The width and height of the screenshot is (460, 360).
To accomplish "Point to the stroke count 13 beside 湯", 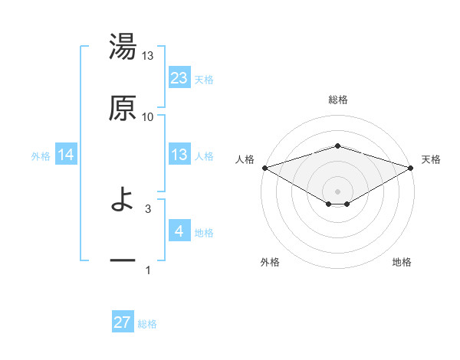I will click(x=148, y=56).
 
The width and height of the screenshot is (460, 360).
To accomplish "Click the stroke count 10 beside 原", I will click(x=148, y=116).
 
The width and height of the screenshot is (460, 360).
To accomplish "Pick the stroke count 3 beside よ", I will click(x=148, y=208).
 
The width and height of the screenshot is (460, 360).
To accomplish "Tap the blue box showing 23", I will click(x=179, y=78).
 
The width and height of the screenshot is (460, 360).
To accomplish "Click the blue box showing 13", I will click(x=179, y=155).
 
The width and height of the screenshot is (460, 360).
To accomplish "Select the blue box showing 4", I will click(x=179, y=231).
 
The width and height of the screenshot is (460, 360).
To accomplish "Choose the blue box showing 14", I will click(x=66, y=155).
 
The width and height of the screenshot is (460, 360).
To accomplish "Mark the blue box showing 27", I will click(x=123, y=322).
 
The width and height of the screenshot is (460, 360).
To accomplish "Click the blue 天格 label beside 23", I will click(x=204, y=80).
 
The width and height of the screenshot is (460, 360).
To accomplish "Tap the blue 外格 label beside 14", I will click(x=41, y=156).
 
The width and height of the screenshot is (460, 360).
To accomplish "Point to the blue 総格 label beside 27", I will click(x=147, y=324).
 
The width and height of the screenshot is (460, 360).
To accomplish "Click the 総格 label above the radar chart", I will click(x=337, y=100).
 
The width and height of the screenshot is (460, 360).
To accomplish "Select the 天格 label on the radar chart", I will click(x=432, y=159).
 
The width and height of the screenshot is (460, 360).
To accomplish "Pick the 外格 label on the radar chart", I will click(x=270, y=262).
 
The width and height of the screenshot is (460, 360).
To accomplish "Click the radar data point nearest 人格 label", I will click(x=264, y=168).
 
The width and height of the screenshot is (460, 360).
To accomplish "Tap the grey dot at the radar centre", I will click(x=337, y=190).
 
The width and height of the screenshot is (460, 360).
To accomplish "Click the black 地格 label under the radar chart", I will click(x=402, y=262).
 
